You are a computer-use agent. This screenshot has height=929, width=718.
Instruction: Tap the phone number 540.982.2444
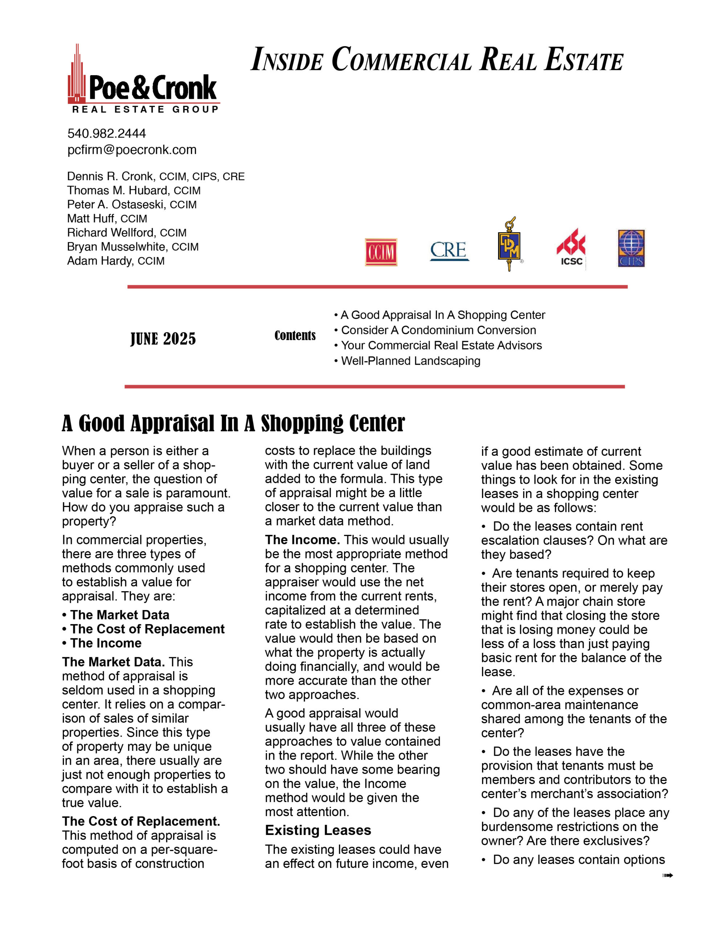[106, 134]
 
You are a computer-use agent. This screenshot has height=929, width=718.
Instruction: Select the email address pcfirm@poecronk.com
[132, 150]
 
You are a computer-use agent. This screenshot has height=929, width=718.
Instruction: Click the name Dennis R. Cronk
[110, 176]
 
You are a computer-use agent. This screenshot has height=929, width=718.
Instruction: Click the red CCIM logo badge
[381, 252]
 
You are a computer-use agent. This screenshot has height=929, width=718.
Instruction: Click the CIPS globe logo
[631, 249]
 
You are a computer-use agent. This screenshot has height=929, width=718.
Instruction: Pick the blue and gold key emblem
[509, 244]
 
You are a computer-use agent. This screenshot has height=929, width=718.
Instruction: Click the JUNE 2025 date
[163, 339]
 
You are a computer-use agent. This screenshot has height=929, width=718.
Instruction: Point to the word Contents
[295, 336]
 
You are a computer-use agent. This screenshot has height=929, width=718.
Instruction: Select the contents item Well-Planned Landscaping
[410, 361]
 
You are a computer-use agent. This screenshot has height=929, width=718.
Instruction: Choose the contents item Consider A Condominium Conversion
[438, 330]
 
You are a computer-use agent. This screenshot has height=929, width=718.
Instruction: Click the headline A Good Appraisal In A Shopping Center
[233, 423]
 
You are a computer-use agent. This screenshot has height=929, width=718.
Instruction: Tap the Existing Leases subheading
[318, 830]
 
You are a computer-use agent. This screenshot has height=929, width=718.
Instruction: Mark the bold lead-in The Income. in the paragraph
[302, 539]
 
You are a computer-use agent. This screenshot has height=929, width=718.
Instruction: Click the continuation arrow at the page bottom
[667, 875]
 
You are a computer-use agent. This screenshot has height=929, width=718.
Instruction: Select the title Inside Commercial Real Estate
[437, 60]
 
